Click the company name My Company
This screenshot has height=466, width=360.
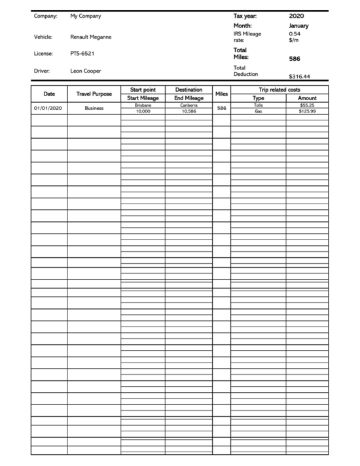85,16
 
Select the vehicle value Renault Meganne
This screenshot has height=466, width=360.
90,37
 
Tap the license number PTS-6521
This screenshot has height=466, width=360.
82,54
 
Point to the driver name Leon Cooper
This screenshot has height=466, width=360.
86,71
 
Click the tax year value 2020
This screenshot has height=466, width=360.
297,16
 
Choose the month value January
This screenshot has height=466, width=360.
298,26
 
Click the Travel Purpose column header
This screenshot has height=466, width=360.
94,94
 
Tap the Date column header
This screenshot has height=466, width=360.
49,94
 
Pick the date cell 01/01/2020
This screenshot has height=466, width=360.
48,108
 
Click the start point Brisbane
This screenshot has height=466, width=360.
143,105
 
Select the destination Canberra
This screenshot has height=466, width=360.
189,105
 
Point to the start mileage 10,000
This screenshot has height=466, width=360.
143,111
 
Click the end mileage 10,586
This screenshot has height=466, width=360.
189,111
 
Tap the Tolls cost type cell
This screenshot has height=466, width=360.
258,105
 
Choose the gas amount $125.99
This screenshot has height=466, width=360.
306,111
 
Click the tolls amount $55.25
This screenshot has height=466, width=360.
307,105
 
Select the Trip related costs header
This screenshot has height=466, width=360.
279,90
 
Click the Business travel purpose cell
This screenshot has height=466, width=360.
94,108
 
